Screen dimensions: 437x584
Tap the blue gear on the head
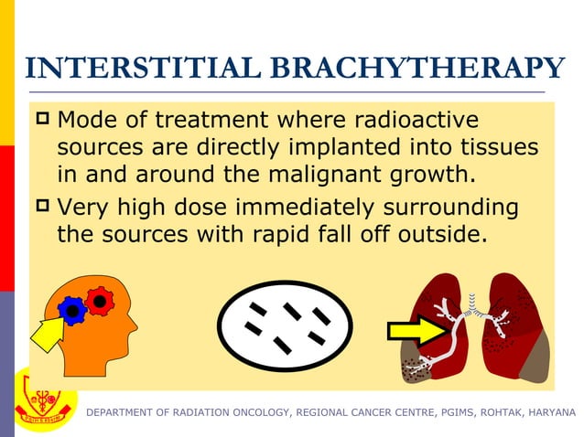coord(72,312)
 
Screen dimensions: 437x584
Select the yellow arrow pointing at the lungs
coord(416,332)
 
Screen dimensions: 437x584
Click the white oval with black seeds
coord(285,325)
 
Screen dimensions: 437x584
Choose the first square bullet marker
coord(42,119)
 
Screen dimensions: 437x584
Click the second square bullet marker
coord(42,206)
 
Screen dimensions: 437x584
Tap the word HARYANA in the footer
coord(548,413)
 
